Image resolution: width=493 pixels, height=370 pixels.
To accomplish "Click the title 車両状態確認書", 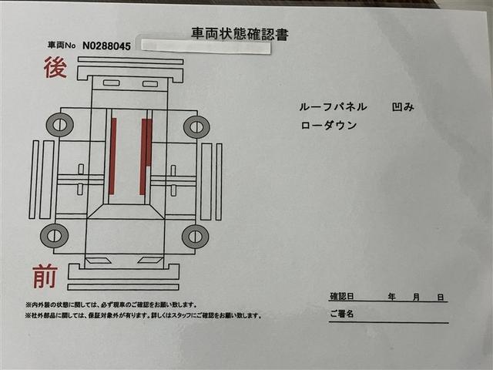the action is [240, 34].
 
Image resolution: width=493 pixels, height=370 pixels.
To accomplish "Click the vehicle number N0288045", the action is [106, 46].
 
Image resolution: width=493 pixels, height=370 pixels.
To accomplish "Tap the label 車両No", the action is [62, 45].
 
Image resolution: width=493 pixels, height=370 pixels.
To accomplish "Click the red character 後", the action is [55, 67].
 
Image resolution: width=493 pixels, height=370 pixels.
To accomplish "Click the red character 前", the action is [45, 277].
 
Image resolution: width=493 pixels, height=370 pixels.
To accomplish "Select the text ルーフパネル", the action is [333, 107].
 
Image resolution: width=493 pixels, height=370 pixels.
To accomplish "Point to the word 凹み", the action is [403, 107].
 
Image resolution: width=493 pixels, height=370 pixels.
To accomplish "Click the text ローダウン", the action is [329, 125].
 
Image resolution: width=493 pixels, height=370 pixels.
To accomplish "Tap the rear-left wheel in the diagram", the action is [60, 125].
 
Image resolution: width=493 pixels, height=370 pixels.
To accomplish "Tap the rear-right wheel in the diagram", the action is [197, 126].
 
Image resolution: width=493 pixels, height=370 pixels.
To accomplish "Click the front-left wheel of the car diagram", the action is [54, 236].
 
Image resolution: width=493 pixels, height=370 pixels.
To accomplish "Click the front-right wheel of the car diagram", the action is [195, 237].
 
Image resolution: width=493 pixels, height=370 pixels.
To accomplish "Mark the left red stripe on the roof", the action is [112, 156].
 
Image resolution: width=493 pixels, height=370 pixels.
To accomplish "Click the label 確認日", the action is [342, 296].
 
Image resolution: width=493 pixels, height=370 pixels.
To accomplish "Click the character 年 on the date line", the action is [392, 296].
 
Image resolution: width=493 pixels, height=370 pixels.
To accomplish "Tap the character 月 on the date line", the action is [416, 297].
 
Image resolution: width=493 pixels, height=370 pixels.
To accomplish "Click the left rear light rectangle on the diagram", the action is [111, 83].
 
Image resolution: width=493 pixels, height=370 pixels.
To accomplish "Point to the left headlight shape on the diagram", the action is [98, 261].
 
